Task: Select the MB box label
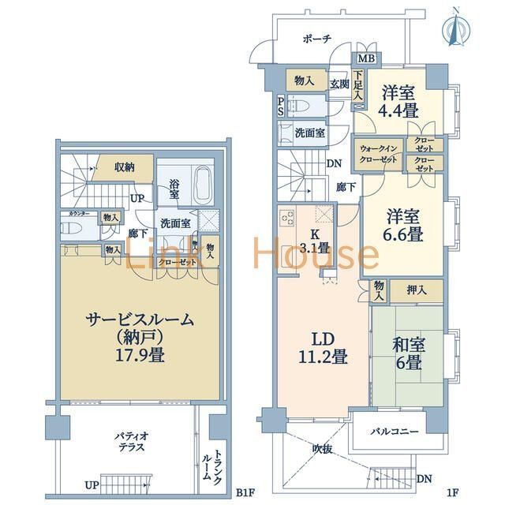click(366, 58)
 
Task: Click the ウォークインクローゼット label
click(378, 153)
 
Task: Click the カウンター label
click(78, 215)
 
